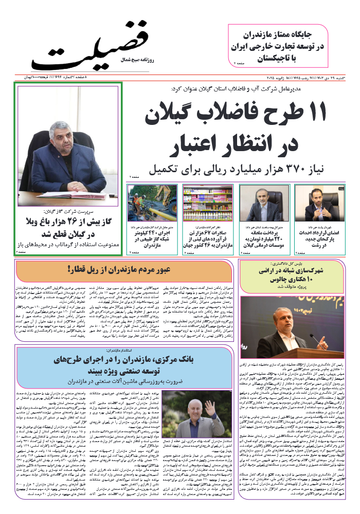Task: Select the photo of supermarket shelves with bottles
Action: coord(208,203)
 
